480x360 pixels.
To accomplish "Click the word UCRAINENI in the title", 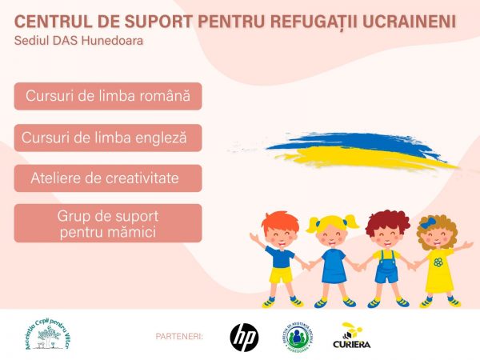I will coord(405,19).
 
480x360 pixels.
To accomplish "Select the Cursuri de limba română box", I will coord(108,96).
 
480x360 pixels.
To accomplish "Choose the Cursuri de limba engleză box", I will coord(108,138).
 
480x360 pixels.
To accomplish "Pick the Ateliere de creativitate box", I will coord(108,178).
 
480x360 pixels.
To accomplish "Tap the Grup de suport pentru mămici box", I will coord(108,223).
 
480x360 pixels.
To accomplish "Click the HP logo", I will coord(244,337).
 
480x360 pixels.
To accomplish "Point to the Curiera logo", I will coord(351,337).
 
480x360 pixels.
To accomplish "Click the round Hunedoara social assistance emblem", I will coord(297,337).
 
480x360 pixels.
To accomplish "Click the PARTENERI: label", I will coord(180,337).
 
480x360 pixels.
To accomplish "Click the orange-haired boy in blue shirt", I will coord(280,256).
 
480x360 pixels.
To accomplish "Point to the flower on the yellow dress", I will coord(438,262).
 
